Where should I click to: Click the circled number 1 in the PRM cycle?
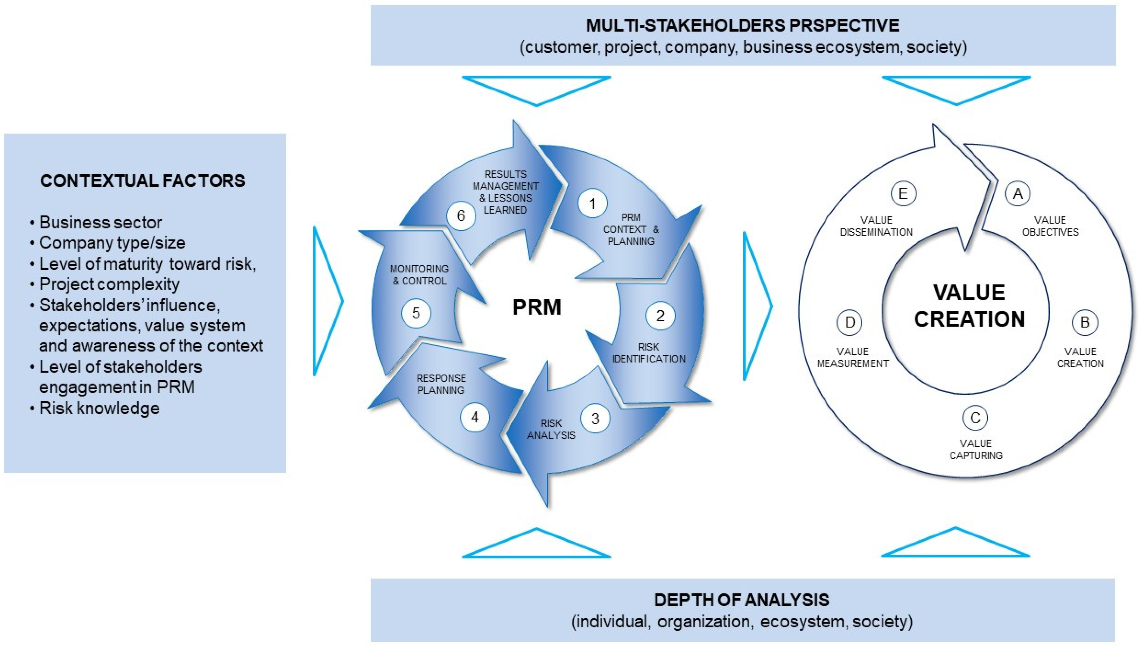tap(592, 204)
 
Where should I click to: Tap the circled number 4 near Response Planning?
tap(475, 418)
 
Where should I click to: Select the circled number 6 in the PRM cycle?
tap(461, 216)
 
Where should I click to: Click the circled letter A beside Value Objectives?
tap(1018, 193)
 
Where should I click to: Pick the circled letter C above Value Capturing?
tap(975, 418)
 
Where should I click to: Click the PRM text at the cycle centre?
tap(537, 307)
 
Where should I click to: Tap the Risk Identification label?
tap(649, 353)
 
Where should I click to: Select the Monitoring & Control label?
tap(419, 274)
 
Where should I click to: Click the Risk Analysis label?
tap(551, 429)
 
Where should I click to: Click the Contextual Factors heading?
tap(143, 181)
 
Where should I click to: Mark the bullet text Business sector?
tap(101, 222)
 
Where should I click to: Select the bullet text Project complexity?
tap(109, 284)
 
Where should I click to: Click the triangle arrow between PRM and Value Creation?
tap(757, 306)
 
